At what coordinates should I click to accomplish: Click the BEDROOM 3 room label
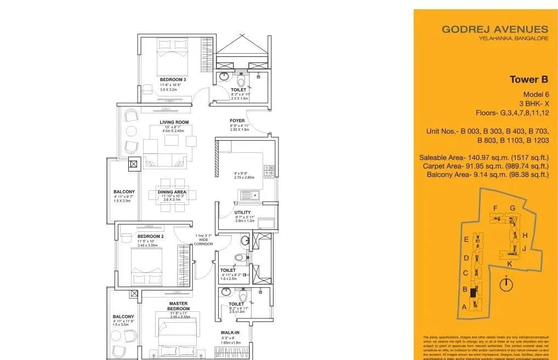169,80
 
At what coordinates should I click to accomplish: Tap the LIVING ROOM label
174,122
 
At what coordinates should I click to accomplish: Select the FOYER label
237,121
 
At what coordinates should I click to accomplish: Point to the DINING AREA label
172,192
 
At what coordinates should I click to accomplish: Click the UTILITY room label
242,213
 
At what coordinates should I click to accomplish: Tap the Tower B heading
528,79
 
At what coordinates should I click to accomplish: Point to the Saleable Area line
484,157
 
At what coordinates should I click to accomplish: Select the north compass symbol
507,285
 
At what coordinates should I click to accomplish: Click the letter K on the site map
509,264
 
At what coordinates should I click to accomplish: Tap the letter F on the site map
495,208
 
